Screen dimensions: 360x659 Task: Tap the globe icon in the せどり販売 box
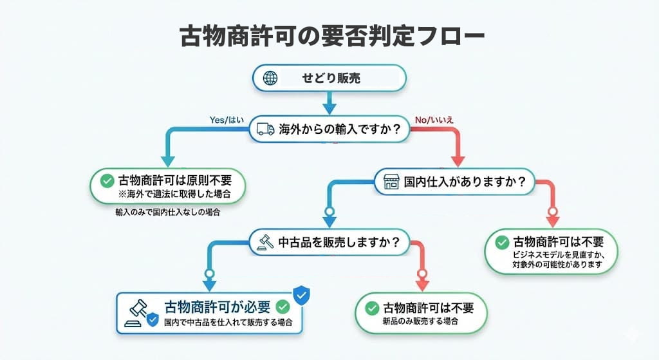pyautogui.click(x=270, y=79)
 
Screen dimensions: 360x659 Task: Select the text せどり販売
pyautogui.click(x=331, y=79)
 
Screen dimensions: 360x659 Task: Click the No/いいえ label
pyautogui.click(x=433, y=120)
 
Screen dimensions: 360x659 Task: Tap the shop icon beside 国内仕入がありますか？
pyautogui.click(x=391, y=182)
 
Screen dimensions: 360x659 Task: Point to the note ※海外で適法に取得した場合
pyautogui.click(x=174, y=194)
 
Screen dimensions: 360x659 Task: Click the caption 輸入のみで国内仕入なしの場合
pyautogui.click(x=167, y=213)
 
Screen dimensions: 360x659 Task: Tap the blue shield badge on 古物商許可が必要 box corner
pyautogui.click(x=301, y=295)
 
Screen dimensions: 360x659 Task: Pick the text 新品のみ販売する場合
pyautogui.click(x=420, y=321)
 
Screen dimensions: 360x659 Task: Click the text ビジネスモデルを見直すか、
pyautogui.click(x=556, y=255)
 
